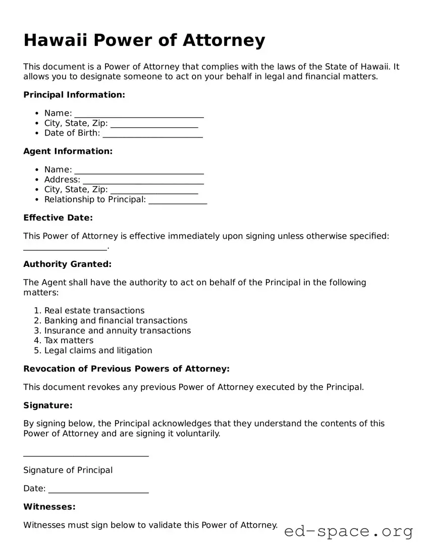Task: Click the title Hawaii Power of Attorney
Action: pyautogui.click(x=144, y=40)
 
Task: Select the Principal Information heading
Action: pyautogui.click(x=74, y=95)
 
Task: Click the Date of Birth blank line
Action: pyautogui.click(x=152, y=134)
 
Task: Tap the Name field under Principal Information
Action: pyautogui.click(x=139, y=114)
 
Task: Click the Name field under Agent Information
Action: pyautogui.click(x=139, y=170)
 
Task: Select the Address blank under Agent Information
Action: pyautogui.click(x=143, y=180)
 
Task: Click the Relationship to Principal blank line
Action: pyautogui.click(x=178, y=200)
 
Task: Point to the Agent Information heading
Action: pyautogui.click(x=68, y=151)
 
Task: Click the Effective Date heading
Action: pyautogui.click(x=58, y=218)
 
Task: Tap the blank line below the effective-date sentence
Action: pyautogui.click(x=65, y=247)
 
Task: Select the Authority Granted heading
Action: pyautogui.click(x=67, y=264)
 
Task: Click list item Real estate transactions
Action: pyautogui.click(x=94, y=310)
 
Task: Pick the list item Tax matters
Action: pyautogui.click(x=69, y=340)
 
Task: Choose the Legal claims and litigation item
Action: pyautogui.click(x=98, y=350)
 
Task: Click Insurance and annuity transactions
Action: pyautogui.click(x=117, y=331)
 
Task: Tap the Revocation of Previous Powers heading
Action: pyautogui.click(x=126, y=369)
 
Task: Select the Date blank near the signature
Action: pyautogui.click(x=98, y=489)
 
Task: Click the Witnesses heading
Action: pyautogui.click(x=49, y=507)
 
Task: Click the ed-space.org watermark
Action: pyautogui.click(x=348, y=531)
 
